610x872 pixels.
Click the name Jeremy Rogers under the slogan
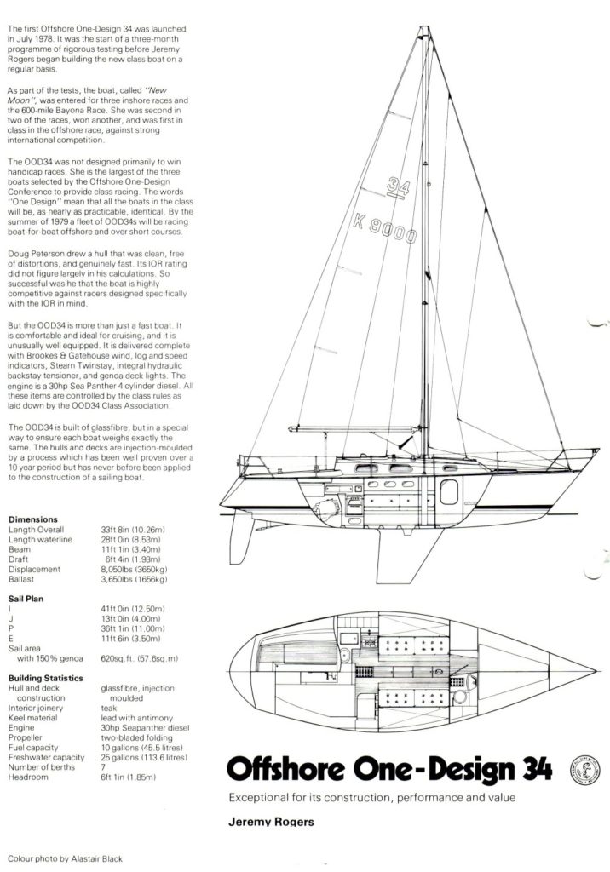click(x=266, y=823)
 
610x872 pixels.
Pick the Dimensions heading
click(x=32, y=519)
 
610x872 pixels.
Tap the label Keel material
click(x=35, y=718)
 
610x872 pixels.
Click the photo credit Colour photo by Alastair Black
click(x=64, y=859)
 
